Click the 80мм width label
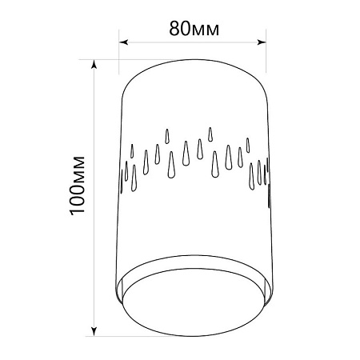click(194, 29)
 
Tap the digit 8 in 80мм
click(174, 29)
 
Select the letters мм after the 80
click(206, 30)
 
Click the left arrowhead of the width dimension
click(123, 42)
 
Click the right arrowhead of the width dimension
click(262, 42)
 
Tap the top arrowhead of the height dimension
click(94, 64)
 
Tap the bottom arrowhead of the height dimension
click(94, 331)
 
